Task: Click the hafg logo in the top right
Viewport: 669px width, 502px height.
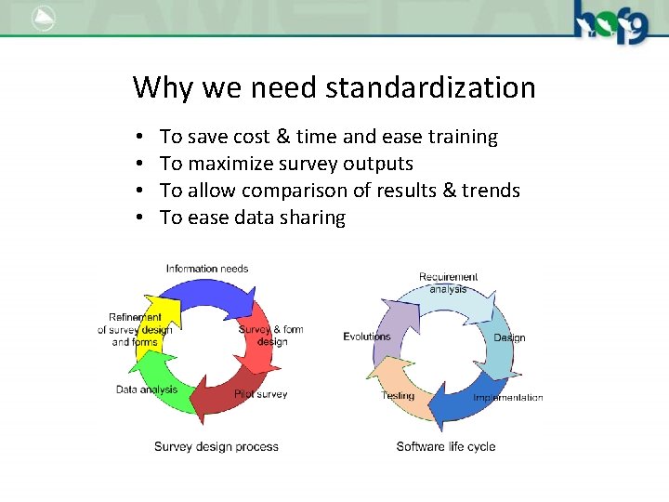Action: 611,21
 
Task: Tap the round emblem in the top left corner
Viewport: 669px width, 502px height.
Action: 43,19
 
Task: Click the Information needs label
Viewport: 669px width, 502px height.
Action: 207,269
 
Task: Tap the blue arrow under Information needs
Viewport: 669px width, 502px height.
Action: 214,294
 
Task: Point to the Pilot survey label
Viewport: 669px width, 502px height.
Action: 261,394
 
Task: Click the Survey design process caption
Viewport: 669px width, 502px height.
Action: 216,447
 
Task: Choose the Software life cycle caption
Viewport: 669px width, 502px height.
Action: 446,447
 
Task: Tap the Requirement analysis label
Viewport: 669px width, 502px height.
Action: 448,283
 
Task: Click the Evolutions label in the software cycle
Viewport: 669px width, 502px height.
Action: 367,337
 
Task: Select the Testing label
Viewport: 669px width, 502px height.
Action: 398,396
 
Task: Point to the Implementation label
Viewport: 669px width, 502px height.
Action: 507,398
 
